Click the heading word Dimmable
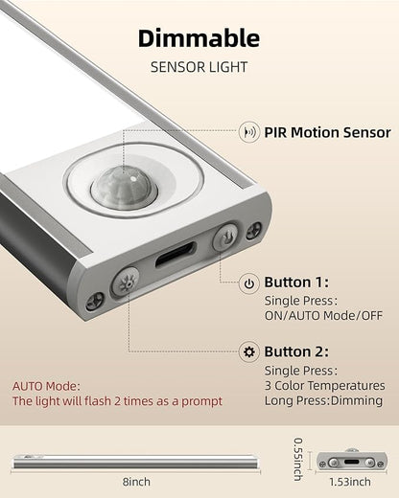point(199,38)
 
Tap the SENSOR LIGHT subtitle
point(199,67)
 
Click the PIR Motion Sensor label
point(327,132)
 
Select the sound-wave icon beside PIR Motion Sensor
point(249,132)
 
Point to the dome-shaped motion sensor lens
point(124,188)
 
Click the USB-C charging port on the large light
point(176,255)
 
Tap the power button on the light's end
point(225,237)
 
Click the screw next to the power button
point(254,231)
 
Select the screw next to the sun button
point(95,302)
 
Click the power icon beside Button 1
point(249,283)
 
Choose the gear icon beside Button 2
point(249,352)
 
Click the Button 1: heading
point(296,283)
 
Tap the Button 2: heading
point(296,351)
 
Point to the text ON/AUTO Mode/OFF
point(323,316)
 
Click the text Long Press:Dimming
point(323,400)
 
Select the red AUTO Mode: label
point(46,386)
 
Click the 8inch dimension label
point(136,482)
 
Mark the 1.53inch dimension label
point(350,482)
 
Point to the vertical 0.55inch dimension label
point(298,459)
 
